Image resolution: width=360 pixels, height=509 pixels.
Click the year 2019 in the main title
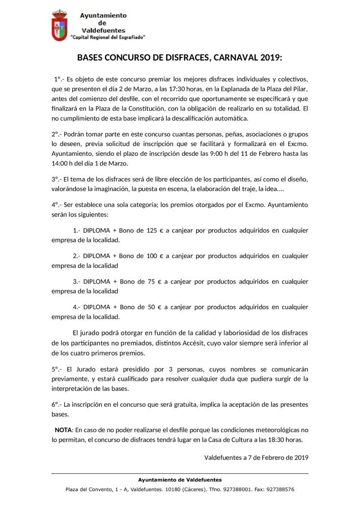coord(270,58)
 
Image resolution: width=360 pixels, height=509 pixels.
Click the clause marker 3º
coord(57,180)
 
